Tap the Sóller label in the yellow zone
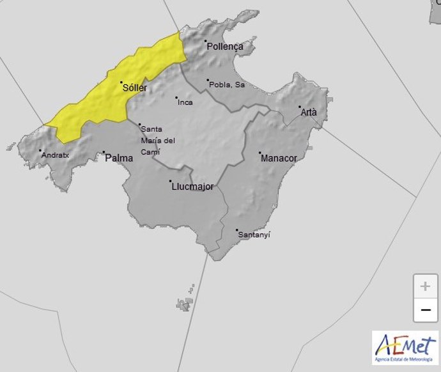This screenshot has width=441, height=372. tap(135, 88)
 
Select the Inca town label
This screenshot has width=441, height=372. tap(185, 102)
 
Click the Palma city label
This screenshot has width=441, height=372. tap(119, 157)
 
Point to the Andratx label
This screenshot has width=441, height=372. tap(54, 155)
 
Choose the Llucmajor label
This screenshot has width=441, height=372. tap(192, 187)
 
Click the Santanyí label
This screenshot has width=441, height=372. tap(254, 235)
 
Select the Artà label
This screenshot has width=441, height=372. tap(309, 112)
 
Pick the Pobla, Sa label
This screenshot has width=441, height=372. tap(227, 84)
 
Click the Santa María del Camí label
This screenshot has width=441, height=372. tap(157, 140)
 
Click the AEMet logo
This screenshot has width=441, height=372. tap(405, 348)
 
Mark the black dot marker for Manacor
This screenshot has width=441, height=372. tap(259, 153)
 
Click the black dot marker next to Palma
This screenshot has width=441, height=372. tap(104, 152)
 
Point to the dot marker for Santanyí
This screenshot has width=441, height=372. tap(236, 230)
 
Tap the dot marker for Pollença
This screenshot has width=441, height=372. tap(206, 42)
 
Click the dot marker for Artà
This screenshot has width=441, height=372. tap(299, 107)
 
